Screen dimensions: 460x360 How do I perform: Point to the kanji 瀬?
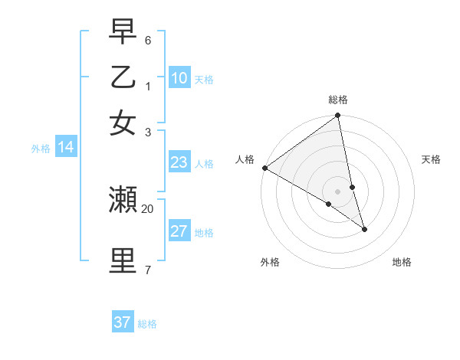point(123,200)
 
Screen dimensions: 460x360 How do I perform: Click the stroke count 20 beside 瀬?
point(147,208)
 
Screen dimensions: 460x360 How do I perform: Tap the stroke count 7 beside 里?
point(148,270)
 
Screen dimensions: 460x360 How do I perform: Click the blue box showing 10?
point(179,78)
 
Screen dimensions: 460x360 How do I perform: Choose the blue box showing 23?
point(179,162)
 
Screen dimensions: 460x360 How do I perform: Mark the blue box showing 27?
point(179,231)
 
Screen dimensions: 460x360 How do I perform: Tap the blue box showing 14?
point(66,148)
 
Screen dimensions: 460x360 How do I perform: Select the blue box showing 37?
point(123,322)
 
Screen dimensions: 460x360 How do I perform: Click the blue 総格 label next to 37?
point(147,324)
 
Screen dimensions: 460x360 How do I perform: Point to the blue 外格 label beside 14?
point(40,149)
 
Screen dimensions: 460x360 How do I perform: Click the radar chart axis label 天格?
point(431,159)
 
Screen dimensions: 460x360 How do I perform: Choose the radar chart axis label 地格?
point(402,263)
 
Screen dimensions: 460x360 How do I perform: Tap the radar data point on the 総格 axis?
point(338,116)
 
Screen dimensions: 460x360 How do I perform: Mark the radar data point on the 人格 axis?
point(264,168)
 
